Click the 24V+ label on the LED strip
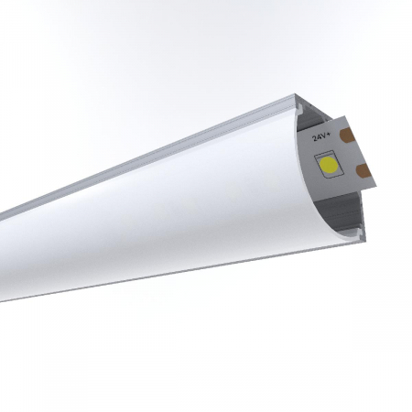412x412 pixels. [x=321, y=136]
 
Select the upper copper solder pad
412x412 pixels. [x=347, y=136]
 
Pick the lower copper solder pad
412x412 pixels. [x=364, y=171]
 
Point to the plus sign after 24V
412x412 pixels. [x=329, y=135]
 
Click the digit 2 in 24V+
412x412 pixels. [x=314, y=138]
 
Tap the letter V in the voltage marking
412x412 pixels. [x=324, y=136]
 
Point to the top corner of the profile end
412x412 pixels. [x=295, y=94]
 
